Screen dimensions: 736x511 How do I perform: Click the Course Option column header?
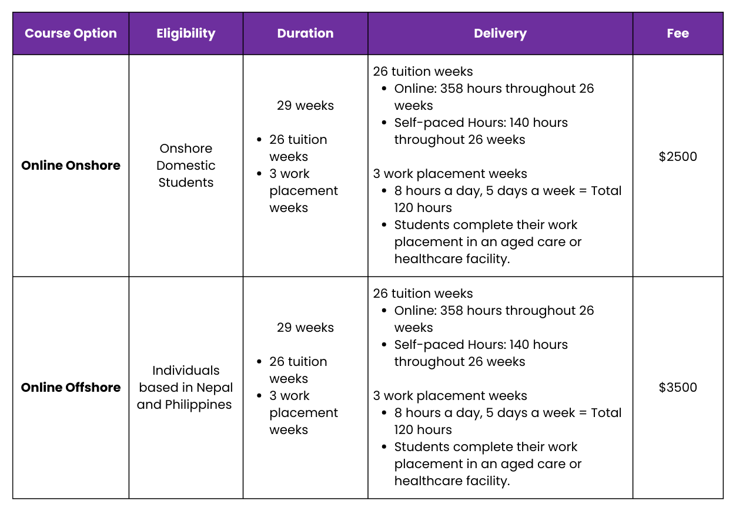(x=71, y=33)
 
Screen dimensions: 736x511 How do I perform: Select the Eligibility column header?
(x=186, y=33)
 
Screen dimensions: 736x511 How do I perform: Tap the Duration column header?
(x=305, y=33)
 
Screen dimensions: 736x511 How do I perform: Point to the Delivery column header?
(x=500, y=33)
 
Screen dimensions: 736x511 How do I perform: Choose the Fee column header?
(x=678, y=33)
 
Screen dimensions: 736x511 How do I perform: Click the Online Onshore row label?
(x=71, y=166)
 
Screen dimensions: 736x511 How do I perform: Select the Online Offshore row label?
(x=71, y=388)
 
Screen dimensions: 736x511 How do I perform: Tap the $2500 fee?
(x=678, y=157)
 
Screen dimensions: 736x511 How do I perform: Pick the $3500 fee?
(x=678, y=388)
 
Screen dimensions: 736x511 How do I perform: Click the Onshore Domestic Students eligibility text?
(x=186, y=166)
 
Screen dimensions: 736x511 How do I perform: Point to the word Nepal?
(x=215, y=388)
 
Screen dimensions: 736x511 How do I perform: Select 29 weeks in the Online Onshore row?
(x=305, y=106)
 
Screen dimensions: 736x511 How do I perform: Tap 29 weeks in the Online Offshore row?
(x=305, y=328)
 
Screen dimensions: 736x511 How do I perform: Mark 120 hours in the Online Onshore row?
(x=423, y=208)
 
